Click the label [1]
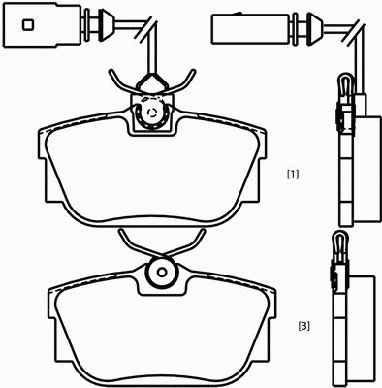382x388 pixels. point(293,175)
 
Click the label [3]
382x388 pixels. point(303,326)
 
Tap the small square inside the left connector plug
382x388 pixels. point(28,25)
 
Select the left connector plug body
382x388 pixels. point(42,25)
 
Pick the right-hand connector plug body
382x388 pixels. point(250,28)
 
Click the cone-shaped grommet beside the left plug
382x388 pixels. point(106,25)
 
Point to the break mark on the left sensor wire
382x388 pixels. point(148,28)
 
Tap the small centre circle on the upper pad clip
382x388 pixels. point(151,113)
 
